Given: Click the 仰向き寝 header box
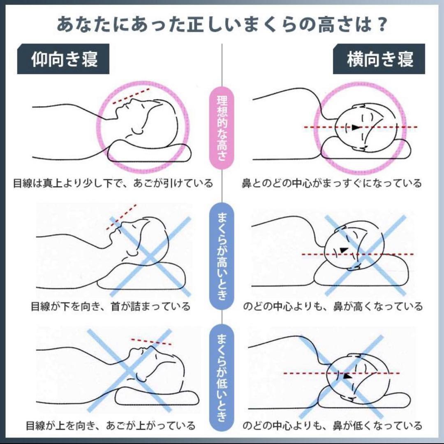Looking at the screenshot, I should [63, 59].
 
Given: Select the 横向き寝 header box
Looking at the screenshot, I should [379, 59].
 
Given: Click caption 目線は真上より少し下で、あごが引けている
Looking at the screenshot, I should [113, 183].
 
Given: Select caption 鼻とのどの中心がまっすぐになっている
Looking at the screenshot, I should [331, 183].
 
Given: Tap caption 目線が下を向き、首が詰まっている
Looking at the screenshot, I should [111, 306].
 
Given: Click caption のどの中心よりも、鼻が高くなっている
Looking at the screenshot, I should [332, 306].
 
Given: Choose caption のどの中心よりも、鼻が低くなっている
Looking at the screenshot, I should [332, 425].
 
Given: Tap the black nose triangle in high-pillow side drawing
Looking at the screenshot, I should [343, 250].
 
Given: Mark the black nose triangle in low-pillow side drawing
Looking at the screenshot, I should [348, 376].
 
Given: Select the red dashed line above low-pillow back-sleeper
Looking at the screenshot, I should [151, 342].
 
